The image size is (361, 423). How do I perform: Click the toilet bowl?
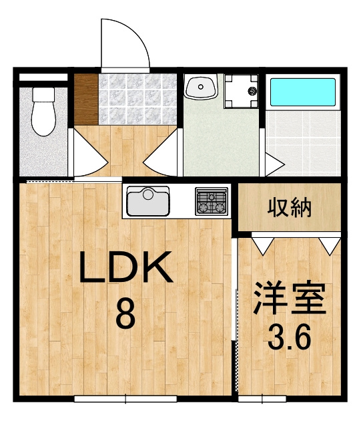pos(43,112)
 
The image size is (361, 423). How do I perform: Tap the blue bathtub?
pos(303,92)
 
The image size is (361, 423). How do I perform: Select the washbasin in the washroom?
pos(201,87)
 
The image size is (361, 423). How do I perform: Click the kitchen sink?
pos(148,201)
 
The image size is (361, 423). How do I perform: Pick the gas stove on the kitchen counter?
pos(212,201)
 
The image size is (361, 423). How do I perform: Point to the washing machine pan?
pos(242,91)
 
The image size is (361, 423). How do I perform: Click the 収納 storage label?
pos(290,208)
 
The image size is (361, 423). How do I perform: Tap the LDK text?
pos(125,267)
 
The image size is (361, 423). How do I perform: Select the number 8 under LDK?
pos(125,314)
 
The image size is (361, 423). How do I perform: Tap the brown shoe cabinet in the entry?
pos(86,100)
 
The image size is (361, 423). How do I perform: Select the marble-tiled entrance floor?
pos(137,100)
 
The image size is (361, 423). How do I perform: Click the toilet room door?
pos(88,153)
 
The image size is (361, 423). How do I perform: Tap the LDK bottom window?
pos(125,398)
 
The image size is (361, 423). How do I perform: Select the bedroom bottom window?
pos(262,398)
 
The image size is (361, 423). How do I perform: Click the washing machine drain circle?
pos(252,91)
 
